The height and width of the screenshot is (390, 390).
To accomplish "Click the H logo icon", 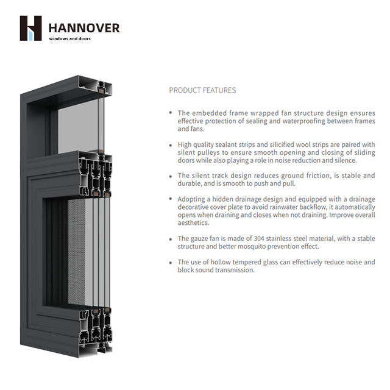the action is click(x=30, y=28).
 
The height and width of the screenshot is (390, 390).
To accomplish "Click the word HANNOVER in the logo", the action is click(x=84, y=28).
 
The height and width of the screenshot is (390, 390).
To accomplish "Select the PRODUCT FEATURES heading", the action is click(x=202, y=90).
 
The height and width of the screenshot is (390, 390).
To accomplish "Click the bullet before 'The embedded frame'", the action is click(x=171, y=113).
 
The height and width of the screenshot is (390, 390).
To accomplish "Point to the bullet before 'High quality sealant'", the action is click(x=171, y=144).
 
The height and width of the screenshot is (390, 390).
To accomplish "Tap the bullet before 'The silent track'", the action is click(x=171, y=175).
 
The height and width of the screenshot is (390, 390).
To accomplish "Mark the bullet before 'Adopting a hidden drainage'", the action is click(x=171, y=199).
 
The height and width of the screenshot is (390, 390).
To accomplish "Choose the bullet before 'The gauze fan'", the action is click(x=171, y=239).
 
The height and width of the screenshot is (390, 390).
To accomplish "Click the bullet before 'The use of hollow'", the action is click(x=171, y=262).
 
